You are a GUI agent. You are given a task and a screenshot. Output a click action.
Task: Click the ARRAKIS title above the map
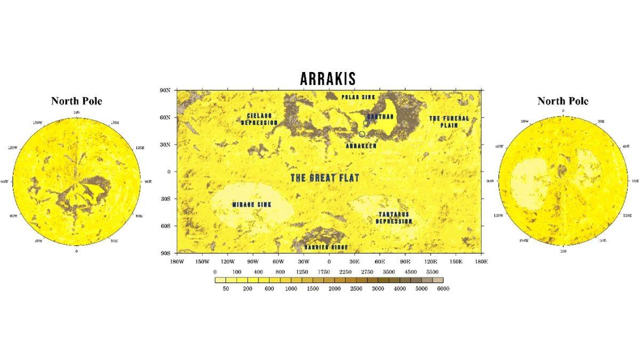point(327,79)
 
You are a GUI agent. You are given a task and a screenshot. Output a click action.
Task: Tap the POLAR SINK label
point(358,97)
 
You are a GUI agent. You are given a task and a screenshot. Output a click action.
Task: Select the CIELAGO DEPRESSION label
point(259,119)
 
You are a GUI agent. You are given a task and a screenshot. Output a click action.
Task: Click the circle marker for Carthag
point(366,123)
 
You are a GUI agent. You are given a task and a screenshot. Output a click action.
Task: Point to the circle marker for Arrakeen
point(362,134)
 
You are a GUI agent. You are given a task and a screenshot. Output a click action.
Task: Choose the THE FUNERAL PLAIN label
point(449,121)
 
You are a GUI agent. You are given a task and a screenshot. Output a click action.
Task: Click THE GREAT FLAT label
point(325,178)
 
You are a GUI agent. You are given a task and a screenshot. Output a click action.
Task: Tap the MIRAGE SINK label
point(249,204)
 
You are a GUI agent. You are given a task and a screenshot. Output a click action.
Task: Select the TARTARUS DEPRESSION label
point(394,218)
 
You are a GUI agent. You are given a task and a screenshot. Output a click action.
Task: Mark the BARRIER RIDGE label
point(326,247)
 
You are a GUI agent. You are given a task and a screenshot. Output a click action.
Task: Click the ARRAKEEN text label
point(361,145)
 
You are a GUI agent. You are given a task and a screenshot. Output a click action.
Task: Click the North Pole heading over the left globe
point(76,101)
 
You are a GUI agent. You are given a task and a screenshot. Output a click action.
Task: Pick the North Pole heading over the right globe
point(563,101)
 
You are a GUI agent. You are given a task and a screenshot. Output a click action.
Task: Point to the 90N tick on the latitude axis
point(165,90)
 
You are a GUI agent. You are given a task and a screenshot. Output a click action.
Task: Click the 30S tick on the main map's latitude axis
point(165,199)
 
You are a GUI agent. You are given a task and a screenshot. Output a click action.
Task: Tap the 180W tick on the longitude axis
point(177,262)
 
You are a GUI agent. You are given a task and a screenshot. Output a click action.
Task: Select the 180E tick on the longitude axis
point(481,262)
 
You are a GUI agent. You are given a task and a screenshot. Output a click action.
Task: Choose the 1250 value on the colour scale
point(302,272)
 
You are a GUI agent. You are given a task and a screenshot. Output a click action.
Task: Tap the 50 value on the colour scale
point(226,289)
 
